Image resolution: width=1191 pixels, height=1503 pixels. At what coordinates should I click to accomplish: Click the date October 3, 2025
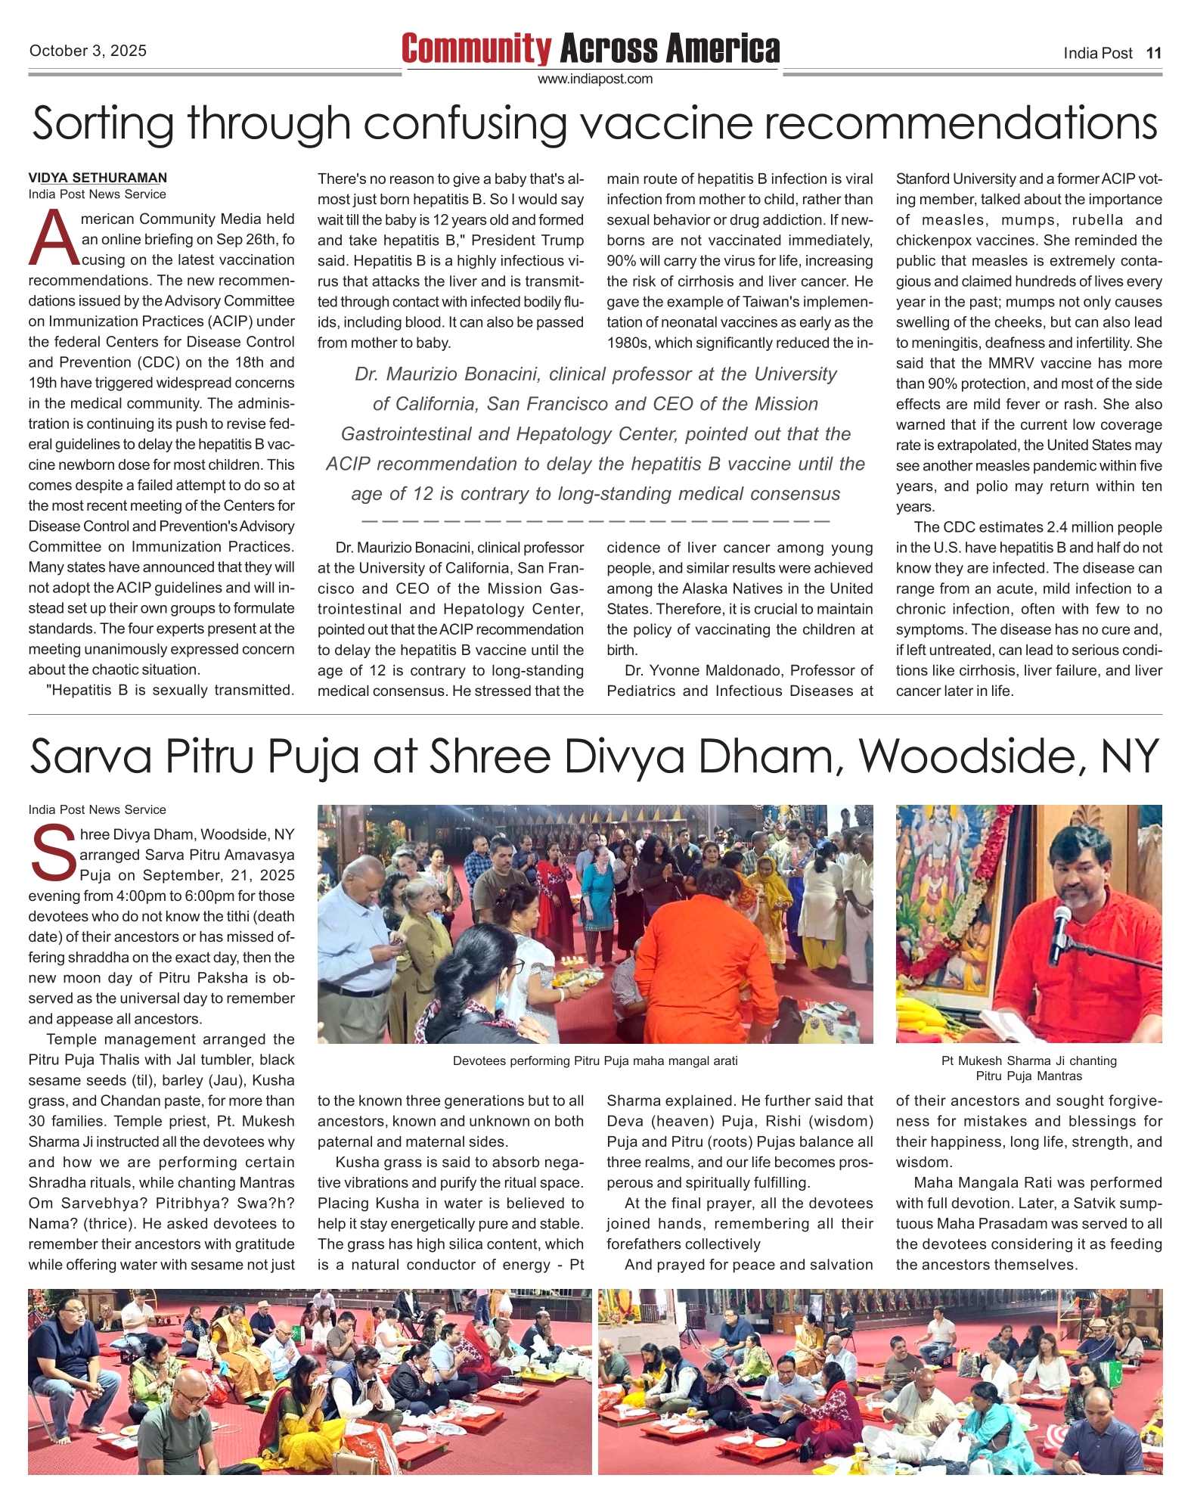88,51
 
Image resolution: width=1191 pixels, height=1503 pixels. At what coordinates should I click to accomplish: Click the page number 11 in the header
1153,53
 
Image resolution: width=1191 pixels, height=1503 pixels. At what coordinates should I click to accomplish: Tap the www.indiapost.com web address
594,79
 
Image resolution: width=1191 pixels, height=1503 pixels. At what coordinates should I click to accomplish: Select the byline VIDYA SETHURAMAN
98,178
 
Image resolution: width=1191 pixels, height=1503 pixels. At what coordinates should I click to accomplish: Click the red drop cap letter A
53,238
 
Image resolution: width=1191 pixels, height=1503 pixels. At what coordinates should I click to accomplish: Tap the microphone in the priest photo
1059,930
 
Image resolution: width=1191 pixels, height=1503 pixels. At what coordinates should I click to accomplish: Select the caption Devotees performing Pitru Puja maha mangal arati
595,1060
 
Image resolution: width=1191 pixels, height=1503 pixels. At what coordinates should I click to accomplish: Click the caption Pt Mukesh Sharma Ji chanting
1028,1060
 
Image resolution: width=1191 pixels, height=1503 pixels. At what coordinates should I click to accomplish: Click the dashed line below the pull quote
595,521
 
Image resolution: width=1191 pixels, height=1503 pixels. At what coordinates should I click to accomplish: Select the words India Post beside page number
1097,53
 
